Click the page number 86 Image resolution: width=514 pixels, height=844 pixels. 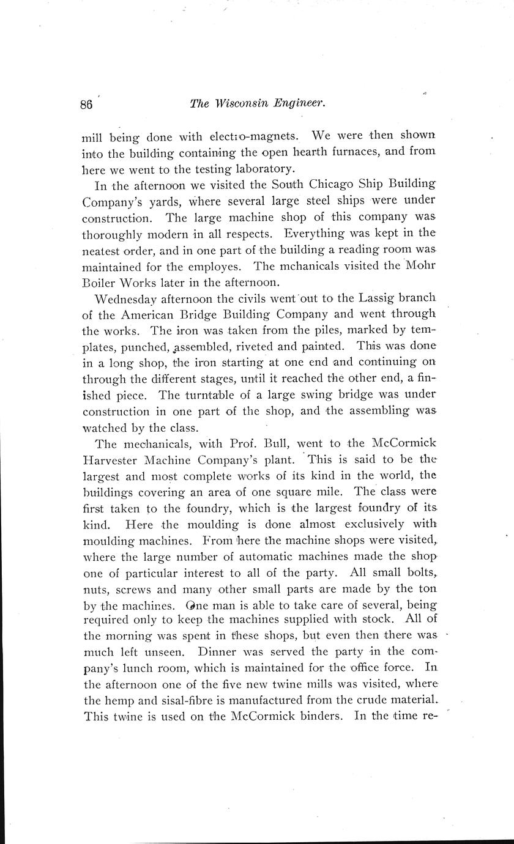pyautogui.click(x=86, y=104)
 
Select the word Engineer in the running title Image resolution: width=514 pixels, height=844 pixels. pyautogui.click(x=299, y=104)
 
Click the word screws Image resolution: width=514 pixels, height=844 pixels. pyautogui.click(x=146, y=590)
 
